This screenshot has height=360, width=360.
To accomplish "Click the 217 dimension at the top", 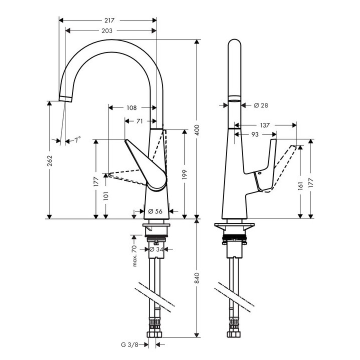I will (110, 20).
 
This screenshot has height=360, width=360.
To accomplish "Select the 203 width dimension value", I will (107, 31).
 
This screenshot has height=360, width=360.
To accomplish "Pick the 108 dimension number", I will (132, 107).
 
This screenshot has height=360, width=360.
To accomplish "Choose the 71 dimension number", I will (139, 121).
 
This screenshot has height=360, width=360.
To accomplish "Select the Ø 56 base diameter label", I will (156, 211).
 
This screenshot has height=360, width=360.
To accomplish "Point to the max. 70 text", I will (134, 256).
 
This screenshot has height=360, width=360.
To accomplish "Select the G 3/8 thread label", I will (129, 344).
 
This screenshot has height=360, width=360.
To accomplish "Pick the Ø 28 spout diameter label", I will (260, 105).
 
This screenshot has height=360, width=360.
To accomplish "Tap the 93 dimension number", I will (254, 134).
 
